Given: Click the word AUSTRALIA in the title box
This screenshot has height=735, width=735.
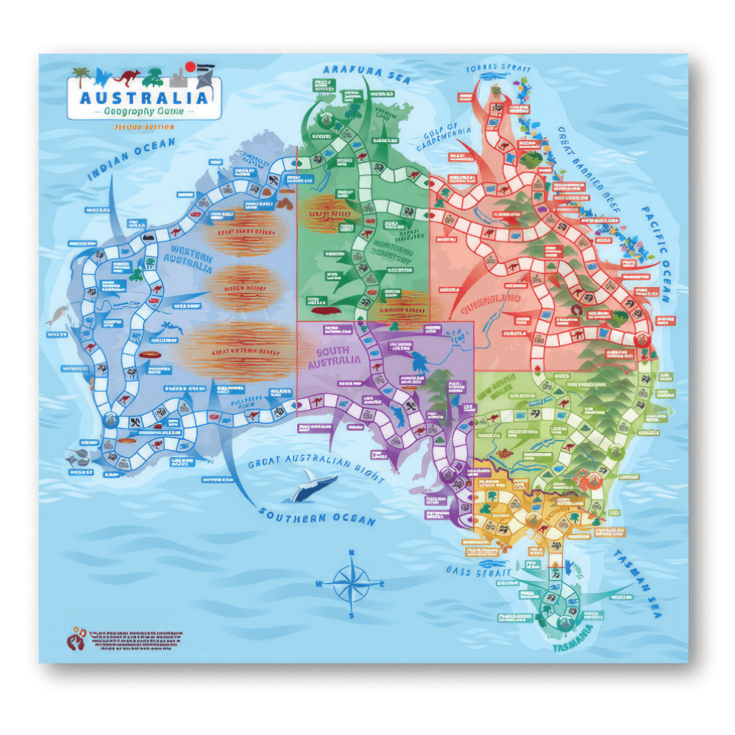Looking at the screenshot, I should coord(144,98).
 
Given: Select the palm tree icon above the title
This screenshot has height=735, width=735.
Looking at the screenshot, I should coord(81,75).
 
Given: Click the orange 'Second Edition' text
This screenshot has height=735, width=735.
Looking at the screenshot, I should coord(144,127).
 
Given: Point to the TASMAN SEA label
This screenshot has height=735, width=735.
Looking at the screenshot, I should coord(637,582).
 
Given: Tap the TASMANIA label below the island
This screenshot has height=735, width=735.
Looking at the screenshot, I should coord(574,647).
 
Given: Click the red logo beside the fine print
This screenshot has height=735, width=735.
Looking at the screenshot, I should coord(76,638).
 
